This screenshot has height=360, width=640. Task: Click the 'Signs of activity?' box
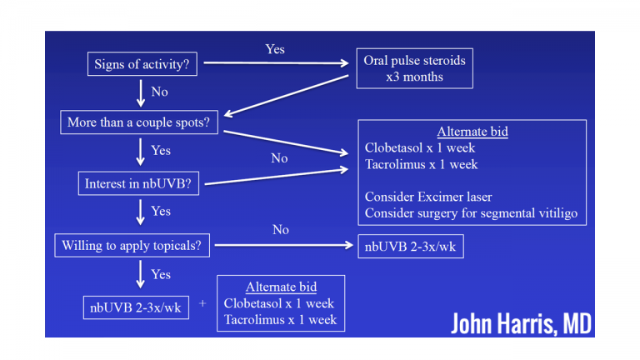142,65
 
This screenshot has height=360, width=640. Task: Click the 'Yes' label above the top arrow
275,49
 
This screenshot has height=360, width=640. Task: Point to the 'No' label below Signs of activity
159,92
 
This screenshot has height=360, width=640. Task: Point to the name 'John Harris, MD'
520,323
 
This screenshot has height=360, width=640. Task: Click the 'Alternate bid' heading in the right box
472,132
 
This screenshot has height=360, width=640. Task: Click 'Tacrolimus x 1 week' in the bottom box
280,319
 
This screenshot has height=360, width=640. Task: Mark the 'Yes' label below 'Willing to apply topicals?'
161,274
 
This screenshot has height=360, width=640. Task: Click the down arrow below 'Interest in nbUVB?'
141,212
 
